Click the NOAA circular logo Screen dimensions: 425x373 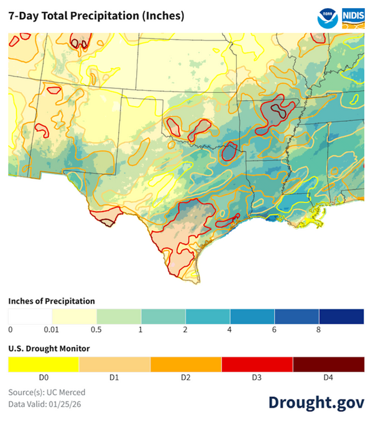pos(327,17)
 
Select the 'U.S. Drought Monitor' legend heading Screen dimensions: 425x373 pos(49,348)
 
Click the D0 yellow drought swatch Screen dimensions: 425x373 pos(44,364)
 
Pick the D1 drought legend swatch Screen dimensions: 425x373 pos(115,364)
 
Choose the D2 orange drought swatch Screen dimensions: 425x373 pos(186,364)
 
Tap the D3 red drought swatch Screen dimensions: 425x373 pos(257,364)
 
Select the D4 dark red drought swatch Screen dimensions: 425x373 pos(328,364)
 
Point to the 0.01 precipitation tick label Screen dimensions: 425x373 pos(52,329)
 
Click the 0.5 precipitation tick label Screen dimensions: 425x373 pos(96,329)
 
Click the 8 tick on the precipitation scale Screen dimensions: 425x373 pos(319,329)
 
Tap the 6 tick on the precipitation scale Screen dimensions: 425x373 pos(274,329)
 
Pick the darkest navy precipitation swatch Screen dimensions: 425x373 pos(341,316)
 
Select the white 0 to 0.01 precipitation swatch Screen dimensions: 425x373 pos(30,316)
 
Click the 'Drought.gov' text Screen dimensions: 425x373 pos(316,402)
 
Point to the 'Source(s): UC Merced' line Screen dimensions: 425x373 pos(47,393)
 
